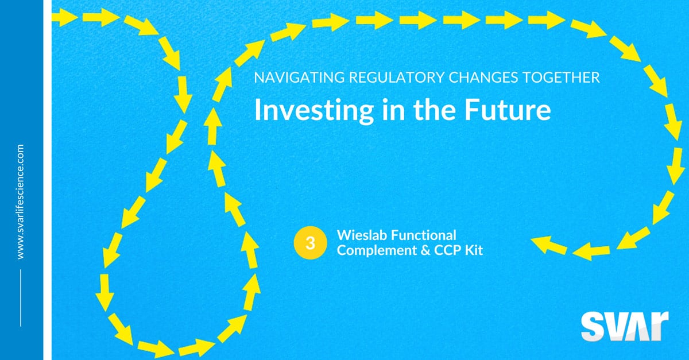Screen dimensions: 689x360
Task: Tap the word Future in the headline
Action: [x=508, y=110]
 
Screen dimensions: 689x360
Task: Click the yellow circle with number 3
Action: [x=310, y=243]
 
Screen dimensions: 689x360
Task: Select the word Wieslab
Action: [x=362, y=235]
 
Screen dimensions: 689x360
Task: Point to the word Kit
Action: [x=474, y=250]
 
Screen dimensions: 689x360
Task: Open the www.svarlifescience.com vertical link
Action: [x=21, y=202]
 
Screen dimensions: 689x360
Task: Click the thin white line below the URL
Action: [x=21, y=297]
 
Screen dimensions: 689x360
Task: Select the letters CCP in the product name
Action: [x=447, y=250]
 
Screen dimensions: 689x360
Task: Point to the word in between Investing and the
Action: [x=393, y=110]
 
